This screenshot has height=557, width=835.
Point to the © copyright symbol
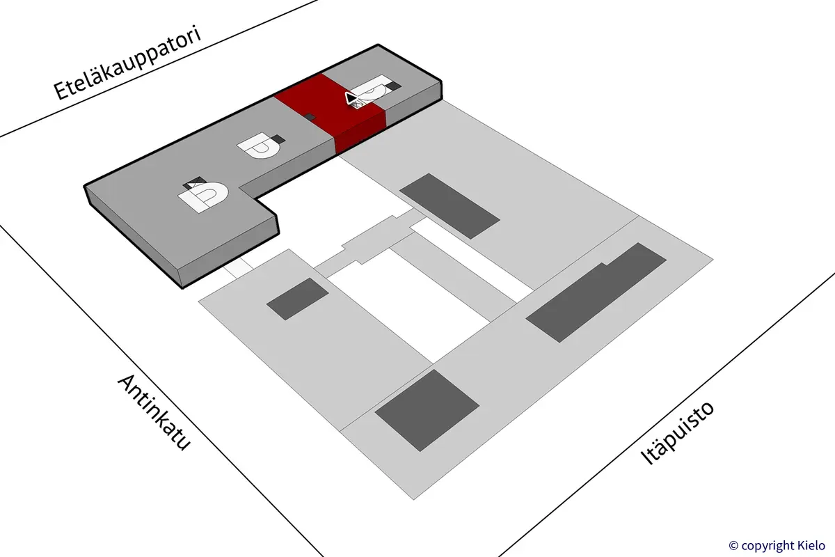[x=733, y=545]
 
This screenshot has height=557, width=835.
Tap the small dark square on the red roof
[x=311, y=117]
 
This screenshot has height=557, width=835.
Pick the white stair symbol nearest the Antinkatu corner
[x=205, y=196]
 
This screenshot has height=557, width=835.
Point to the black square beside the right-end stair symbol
[x=395, y=85]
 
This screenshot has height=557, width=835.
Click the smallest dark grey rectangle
[x=298, y=299]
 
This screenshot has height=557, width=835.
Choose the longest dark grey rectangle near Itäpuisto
[x=596, y=292]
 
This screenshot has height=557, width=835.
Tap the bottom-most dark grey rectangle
[x=427, y=409]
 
